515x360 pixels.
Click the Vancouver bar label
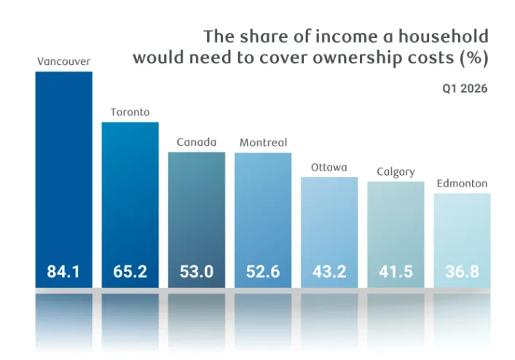point(63,61)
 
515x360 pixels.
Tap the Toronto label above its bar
point(130,112)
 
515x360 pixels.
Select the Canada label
point(197,142)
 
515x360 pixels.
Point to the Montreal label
point(263,143)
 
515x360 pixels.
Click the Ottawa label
point(329,168)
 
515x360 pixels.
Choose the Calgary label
point(396,172)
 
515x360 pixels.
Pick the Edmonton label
point(462,184)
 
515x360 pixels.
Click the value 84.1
point(63,272)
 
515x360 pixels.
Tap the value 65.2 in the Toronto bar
point(130,272)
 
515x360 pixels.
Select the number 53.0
point(197,272)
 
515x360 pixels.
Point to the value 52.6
point(263,272)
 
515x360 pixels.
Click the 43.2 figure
point(329,272)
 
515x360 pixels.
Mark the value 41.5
point(396,272)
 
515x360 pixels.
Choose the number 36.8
point(462,272)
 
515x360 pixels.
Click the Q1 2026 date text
point(465,89)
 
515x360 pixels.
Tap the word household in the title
point(444,36)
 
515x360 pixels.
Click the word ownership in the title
point(355,58)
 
